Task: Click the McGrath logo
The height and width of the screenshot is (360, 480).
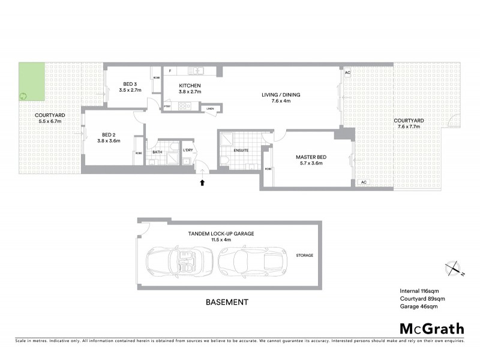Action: [x=432, y=328]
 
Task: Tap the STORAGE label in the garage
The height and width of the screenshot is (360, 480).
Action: [x=305, y=256]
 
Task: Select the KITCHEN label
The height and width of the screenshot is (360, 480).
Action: [x=190, y=86]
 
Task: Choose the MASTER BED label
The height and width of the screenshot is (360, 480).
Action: [x=310, y=157]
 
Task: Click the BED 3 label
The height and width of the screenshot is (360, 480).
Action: [x=131, y=84]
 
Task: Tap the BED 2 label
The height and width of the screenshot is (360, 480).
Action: [x=109, y=135]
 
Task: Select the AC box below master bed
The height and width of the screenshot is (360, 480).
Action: [x=363, y=182]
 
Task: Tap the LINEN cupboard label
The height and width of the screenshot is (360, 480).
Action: [x=209, y=109]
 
